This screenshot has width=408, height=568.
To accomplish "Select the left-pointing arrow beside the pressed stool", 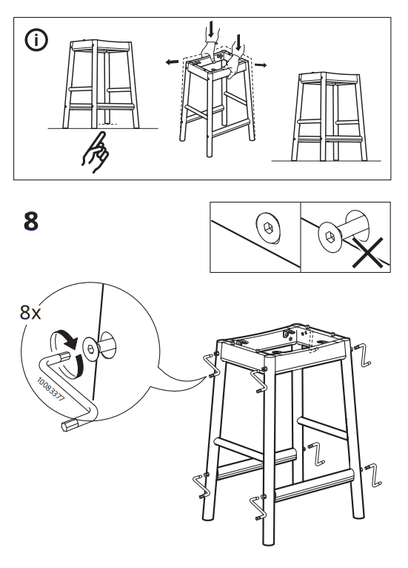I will (x=172, y=62).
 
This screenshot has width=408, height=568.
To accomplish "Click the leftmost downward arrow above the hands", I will (x=212, y=30).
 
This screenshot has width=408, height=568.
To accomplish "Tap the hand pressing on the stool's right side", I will (x=235, y=65).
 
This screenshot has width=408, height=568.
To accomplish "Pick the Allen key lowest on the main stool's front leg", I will (x=258, y=509).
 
